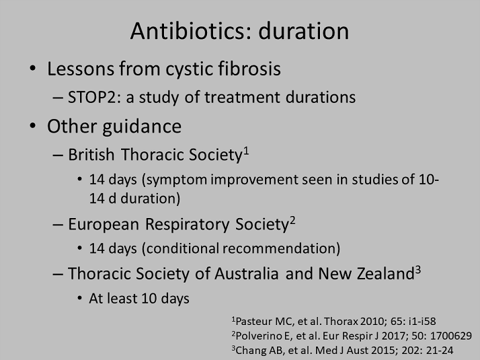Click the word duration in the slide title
point(304,31)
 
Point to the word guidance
point(142,127)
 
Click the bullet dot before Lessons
point(33,68)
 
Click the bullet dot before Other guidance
point(33,126)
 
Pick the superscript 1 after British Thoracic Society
point(246,151)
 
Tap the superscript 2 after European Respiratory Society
point(292,220)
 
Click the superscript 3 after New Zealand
point(418,270)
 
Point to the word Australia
point(247,274)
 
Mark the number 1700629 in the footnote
point(451,336)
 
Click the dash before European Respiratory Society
point(58,224)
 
